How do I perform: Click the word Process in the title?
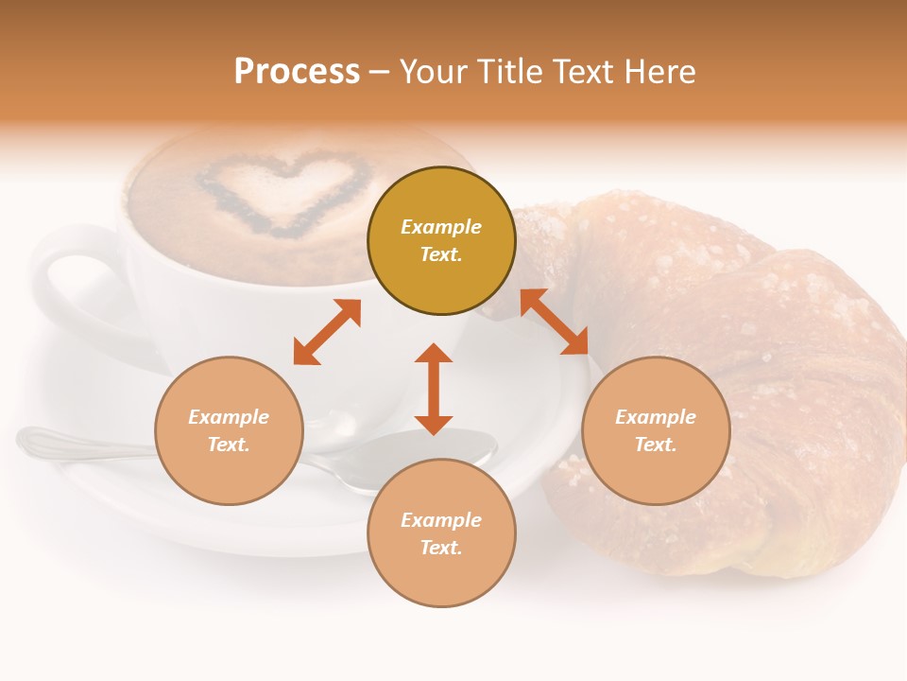pos(297,72)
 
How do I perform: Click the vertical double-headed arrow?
pos(434,390)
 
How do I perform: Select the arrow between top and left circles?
pos(327,332)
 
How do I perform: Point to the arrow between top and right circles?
pos(555,323)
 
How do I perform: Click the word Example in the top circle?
pos(441,227)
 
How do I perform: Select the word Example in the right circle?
pos(656,417)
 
